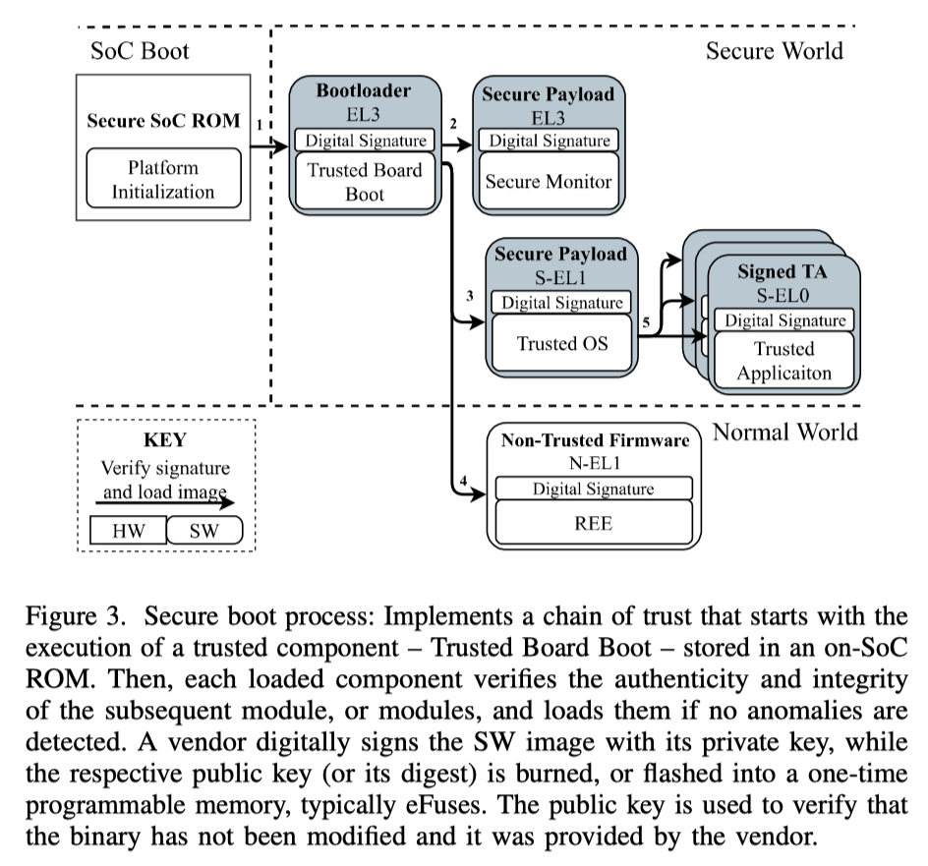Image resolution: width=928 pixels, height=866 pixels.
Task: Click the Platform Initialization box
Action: (162, 178)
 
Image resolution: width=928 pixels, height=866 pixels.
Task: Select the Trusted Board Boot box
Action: (364, 182)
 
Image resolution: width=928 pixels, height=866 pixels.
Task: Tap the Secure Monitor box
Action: (549, 181)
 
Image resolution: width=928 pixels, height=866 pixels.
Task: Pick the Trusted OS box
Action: (562, 343)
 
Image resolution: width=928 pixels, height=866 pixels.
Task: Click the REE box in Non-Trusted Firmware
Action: (595, 523)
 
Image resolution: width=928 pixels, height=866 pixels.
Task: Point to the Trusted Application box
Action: (783, 361)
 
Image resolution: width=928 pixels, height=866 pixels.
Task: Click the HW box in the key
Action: (128, 532)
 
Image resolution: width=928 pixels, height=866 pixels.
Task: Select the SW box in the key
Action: (204, 532)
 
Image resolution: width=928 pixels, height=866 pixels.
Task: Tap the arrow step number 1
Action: (259, 126)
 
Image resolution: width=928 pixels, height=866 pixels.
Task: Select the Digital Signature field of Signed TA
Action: (783, 320)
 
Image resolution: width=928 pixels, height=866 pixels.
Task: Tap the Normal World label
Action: (784, 432)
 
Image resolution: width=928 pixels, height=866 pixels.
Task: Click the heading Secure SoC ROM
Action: (163, 122)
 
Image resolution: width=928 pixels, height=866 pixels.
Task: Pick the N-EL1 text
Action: (593, 464)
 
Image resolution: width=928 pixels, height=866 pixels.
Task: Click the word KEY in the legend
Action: (164, 440)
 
